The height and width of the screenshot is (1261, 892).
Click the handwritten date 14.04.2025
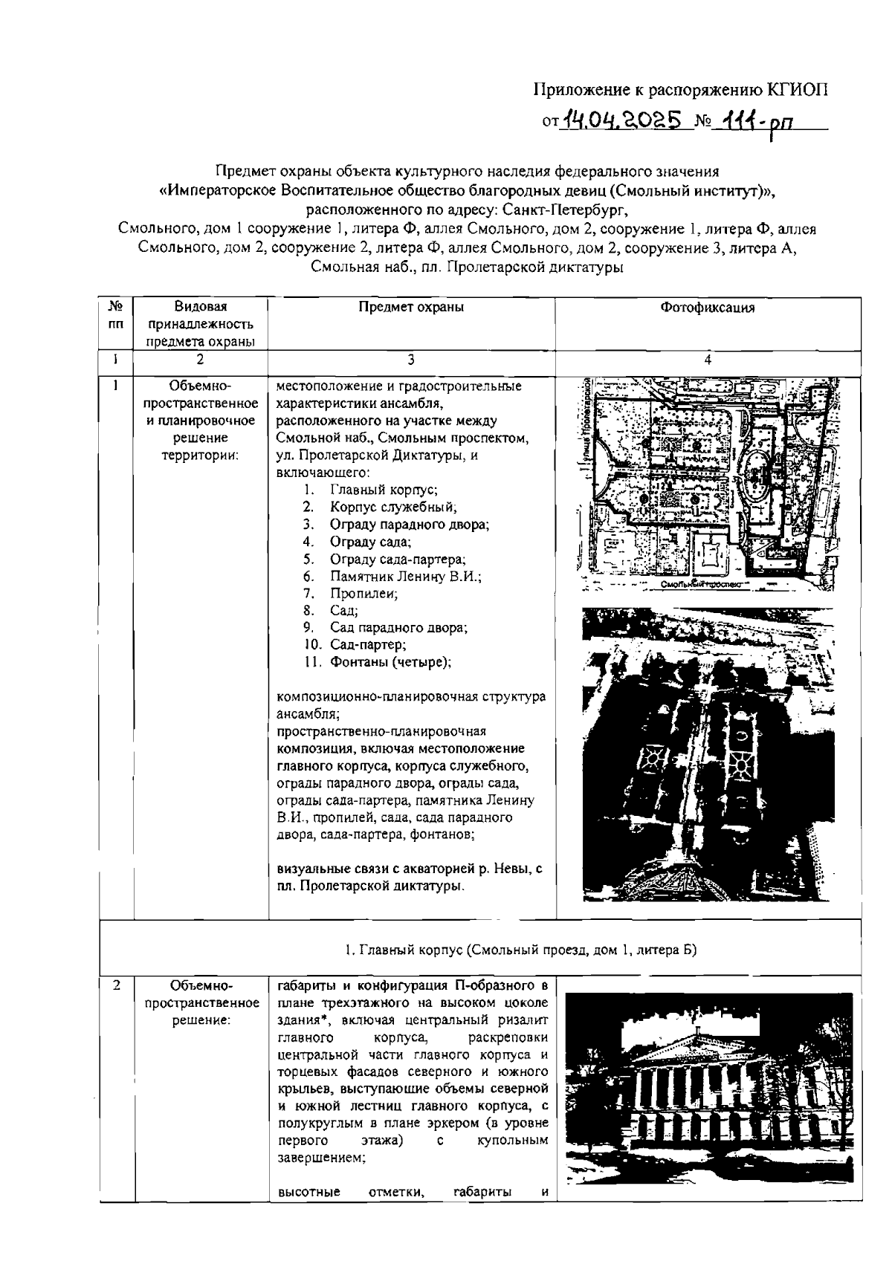[x=623, y=118]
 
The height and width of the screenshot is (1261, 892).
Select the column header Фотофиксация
[x=708, y=308]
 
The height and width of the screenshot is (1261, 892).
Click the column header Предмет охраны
[x=411, y=307]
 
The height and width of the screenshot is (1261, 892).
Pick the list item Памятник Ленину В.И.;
[x=406, y=577]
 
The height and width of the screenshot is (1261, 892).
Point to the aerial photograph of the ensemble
[x=708, y=752]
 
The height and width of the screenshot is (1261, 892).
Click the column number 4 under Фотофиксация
[x=708, y=360]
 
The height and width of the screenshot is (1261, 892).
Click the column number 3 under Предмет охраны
[x=411, y=360]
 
